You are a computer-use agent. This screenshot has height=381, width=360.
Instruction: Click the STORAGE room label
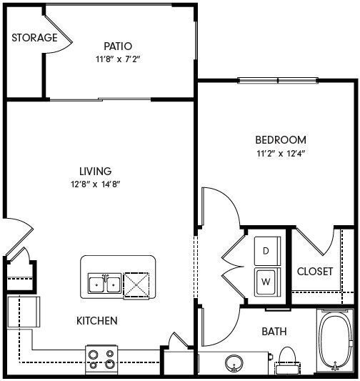[34, 38]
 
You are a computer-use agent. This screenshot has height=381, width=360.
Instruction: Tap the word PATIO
[117, 46]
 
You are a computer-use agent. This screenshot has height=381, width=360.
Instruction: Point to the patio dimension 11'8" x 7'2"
[116, 60]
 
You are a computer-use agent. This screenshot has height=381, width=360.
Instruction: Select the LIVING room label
[95, 172]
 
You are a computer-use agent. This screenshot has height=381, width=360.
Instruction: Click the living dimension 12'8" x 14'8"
[95, 184]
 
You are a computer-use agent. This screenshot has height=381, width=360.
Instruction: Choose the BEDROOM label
[281, 140]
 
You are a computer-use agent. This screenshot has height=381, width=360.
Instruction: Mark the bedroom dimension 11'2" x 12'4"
[281, 153]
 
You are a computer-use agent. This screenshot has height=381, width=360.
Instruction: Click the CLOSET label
[315, 272]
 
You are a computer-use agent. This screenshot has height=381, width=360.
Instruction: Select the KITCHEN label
[96, 321]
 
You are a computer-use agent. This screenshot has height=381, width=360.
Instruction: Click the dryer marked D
[266, 251]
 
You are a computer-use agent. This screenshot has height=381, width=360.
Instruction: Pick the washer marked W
[266, 281]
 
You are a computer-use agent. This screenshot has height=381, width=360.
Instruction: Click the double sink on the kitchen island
[104, 284]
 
